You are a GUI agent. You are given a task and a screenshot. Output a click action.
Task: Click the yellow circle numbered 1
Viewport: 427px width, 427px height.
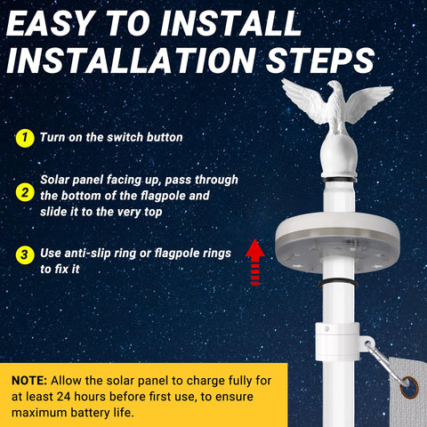(x=25, y=138)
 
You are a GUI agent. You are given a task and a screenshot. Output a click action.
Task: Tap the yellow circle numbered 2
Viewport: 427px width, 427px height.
(x=25, y=192)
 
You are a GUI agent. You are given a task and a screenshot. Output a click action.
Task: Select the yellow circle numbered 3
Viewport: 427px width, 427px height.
(x=25, y=254)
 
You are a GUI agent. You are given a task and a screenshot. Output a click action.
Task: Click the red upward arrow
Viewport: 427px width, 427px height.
(x=255, y=262)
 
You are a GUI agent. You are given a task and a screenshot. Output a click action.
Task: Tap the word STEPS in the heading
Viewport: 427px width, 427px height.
(x=320, y=60)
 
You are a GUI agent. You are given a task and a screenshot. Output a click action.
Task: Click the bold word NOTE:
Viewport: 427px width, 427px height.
(x=29, y=381)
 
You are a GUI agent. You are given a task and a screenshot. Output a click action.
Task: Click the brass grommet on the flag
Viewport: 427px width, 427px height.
(x=409, y=388)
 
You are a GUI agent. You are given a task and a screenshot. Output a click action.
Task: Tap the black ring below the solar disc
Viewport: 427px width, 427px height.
(x=338, y=285)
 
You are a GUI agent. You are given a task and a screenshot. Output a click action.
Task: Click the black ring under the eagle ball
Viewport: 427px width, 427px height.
(x=339, y=180)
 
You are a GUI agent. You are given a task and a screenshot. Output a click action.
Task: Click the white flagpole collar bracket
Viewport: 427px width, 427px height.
(x=338, y=342)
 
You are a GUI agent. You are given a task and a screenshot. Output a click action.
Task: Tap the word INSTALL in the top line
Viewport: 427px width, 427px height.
(x=231, y=24)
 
